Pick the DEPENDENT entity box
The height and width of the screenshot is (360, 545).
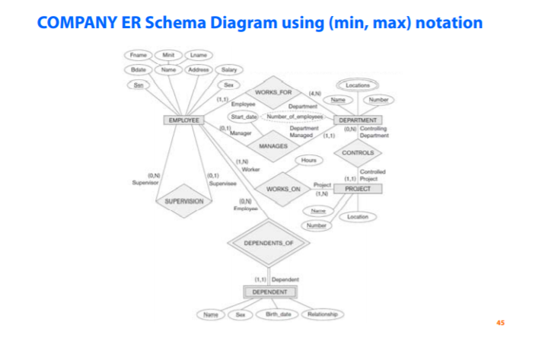[270, 292]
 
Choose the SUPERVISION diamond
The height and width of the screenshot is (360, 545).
[183, 201]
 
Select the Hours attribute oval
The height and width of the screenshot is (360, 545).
[308, 161]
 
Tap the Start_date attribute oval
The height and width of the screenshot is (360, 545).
[244, 116]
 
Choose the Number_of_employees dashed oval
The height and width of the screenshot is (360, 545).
[297, 116]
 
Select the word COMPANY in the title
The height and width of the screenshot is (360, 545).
[76, 23]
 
